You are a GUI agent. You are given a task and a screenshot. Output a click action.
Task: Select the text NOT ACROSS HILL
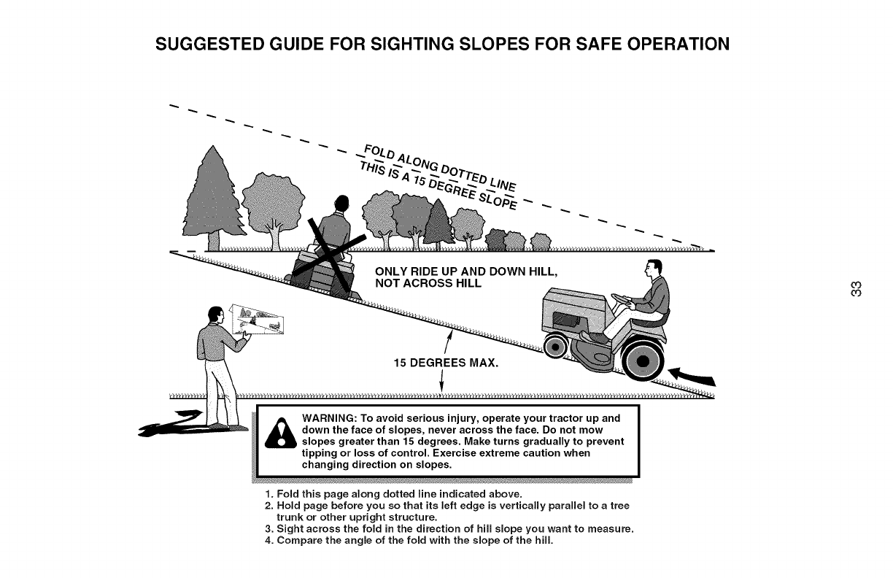428,283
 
